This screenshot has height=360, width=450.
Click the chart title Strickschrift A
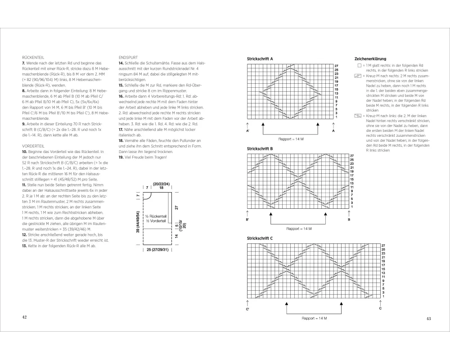click(260, 59)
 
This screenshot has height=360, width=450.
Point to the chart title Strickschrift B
click(260, 148)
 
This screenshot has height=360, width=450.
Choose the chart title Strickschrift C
click(260, 238)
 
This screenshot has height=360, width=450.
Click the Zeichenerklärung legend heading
click(370, 59)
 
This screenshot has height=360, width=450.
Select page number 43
click(428, 319)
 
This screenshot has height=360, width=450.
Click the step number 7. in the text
click(23, 63)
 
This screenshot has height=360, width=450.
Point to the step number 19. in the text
click(121, 157)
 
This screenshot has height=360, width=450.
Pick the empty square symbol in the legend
click(359, 65)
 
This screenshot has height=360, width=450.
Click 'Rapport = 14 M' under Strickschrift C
click(314, 318)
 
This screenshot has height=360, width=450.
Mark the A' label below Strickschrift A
click(248, 131)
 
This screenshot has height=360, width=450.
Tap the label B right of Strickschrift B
click(349, 220)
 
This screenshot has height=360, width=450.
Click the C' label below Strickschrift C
click(248, 309)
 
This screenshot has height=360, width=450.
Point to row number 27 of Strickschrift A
click(336, 66)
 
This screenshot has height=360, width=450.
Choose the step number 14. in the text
click(121, 63)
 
